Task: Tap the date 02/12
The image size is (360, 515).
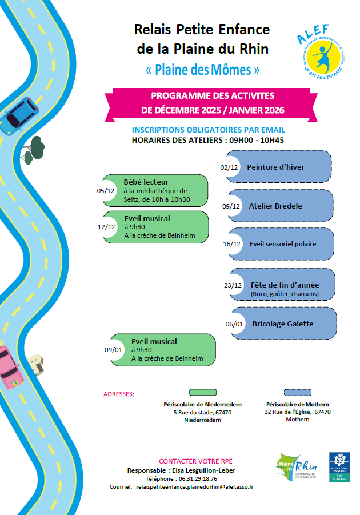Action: (x=229, y=167)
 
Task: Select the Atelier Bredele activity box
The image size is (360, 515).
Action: (x=281, y=206)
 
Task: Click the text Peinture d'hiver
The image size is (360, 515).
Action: (x=275, y=167)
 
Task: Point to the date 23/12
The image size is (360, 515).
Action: (x=234, y=285)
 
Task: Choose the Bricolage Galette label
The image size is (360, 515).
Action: (x=282, y=324)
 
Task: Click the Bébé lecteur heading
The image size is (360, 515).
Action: (x=146, y=182)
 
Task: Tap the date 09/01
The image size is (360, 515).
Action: (x=113, y=350)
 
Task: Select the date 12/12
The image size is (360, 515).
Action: (x=107, y=226)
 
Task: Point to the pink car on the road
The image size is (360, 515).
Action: (x=10, y=368)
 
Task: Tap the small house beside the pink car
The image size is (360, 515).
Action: (x=37, y=364)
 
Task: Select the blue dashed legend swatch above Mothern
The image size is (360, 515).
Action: (x=298, y=392)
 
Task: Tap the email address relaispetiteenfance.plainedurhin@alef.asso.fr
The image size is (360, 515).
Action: (x=194, y=486)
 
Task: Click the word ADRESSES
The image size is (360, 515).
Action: (x=119, y=394)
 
